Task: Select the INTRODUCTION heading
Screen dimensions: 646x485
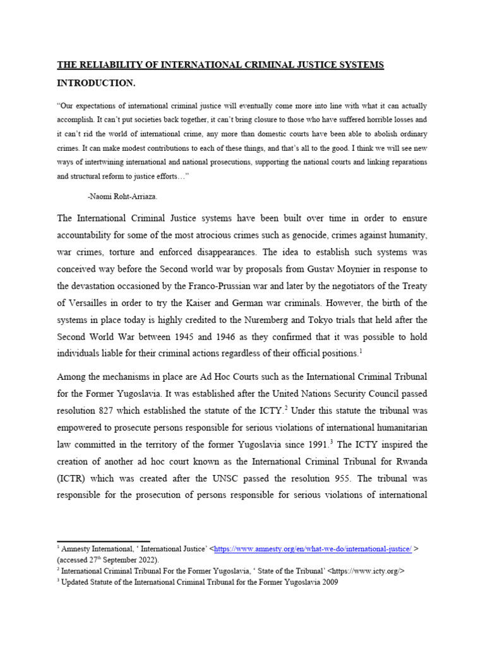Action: [96, 83]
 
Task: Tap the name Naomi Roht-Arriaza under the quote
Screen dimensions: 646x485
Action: [123, 197]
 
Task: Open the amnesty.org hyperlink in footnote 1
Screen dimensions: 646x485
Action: [313, 549]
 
